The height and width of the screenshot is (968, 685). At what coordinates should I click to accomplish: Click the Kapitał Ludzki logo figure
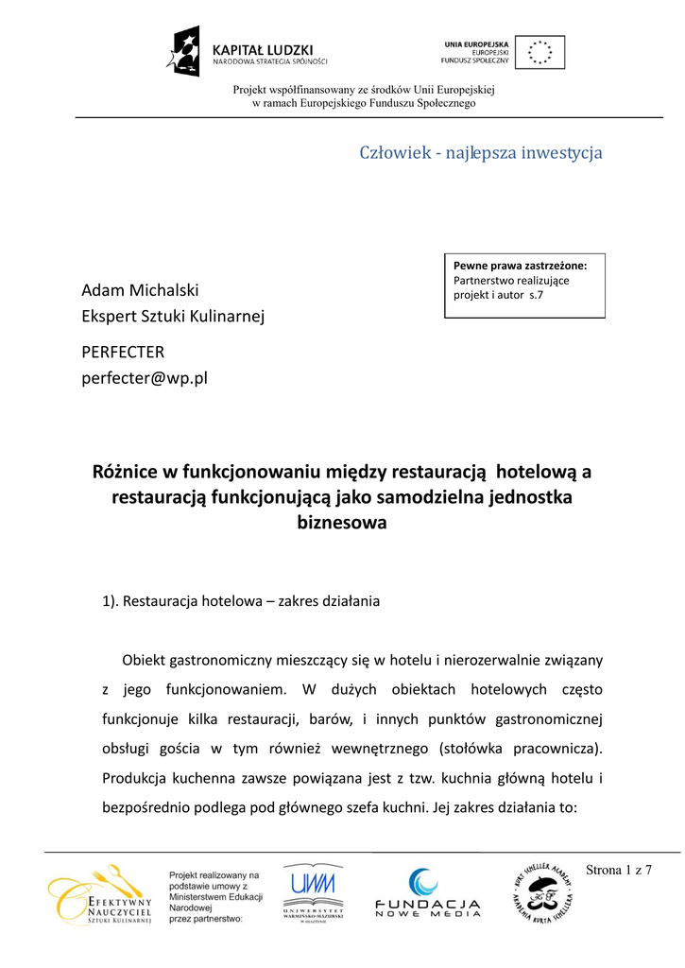coord(186,52)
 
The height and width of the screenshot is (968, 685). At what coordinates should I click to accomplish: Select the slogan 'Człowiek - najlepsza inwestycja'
coord(481,152)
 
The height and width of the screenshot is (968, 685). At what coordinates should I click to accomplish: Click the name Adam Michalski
coord(140,289)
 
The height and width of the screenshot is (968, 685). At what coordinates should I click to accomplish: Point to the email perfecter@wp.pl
coord(145,378)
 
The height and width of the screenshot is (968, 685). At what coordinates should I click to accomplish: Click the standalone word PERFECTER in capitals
coord(123,352)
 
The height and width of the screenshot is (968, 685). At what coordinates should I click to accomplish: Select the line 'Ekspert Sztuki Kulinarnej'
coord(173,316)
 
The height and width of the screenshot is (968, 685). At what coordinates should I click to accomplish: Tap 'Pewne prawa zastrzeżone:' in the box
coord(520,266)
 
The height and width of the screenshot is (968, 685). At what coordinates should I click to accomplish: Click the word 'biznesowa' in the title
coord(342,522)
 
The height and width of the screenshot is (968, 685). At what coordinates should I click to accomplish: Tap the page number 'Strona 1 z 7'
coord(620,870)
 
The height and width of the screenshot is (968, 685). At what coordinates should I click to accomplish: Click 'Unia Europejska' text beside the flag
coord(476,43)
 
